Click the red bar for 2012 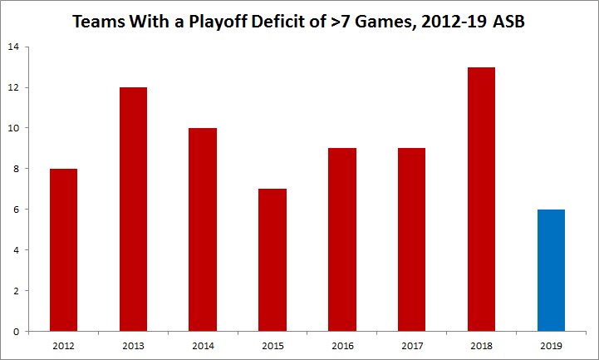(63, 249)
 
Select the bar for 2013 (133, 209)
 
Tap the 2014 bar (202, 229)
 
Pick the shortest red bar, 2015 (272, 259)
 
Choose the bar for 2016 (341, 239)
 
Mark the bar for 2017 (411, 239)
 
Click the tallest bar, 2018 (481, 199)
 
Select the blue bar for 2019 (551, 270)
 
